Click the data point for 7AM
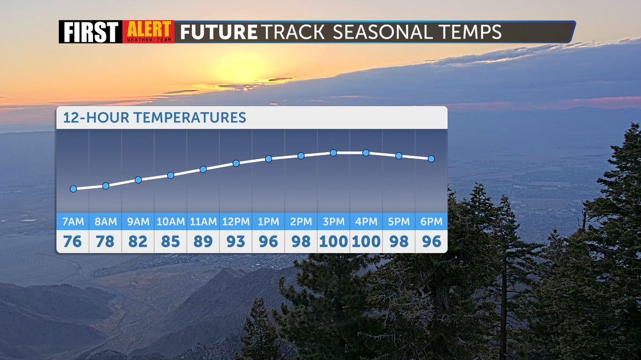[73, 189]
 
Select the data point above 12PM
[236, 163]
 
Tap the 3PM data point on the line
[333, 153]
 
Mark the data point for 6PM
[431, 159]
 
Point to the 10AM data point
[170, 175]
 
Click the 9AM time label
[138, 222]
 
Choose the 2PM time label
[301, 222]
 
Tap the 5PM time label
[398, 222]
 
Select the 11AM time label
[203, 222]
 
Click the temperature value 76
[73, 241]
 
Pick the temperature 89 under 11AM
[203, 241]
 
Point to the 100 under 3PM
[333, 241]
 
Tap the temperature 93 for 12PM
[236, 241]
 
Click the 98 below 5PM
[398, 241]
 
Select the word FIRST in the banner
[91, 32]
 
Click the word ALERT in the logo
[149, 29]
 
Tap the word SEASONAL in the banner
[383, 32]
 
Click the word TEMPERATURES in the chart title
[190, 118]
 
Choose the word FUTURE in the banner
[218, 32]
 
